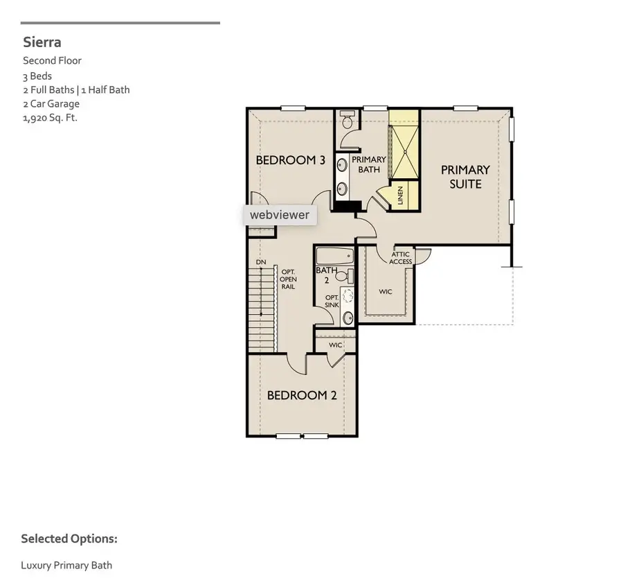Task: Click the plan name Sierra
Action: [x=42, y=43]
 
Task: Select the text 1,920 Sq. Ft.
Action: [x=49, y=118]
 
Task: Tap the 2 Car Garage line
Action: [x=51, y=104]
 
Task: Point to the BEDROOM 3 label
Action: [x=290, y=160]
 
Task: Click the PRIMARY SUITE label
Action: [x=465, y=177]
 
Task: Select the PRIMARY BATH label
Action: [x=368, y=164]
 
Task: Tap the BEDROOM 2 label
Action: [x=302, y=395]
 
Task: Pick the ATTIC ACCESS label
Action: [x=401, y=258]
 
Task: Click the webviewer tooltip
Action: [x=280, y=215]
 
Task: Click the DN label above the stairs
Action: [x=261, y=262]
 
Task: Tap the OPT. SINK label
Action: [x=332, y=302]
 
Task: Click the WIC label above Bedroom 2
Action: [x=336, y=345]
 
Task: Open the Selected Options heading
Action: [x=69, y=539]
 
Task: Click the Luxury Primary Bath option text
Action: [x=66, y=565]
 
